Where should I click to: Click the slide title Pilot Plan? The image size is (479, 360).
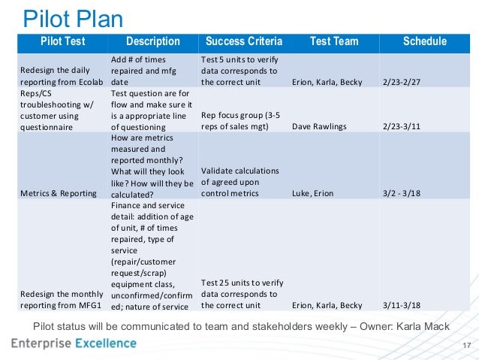[72, 17]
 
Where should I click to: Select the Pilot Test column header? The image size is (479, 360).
[62, 42]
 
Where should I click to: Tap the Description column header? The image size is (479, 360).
[152, 42]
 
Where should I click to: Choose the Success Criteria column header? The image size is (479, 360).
[243, 42]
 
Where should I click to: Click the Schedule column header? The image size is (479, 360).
[424, 42]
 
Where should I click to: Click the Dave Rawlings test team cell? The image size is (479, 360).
[319, 126]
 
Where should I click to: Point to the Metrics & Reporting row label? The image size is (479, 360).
[58, 193]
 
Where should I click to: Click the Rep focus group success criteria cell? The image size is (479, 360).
[241, 121]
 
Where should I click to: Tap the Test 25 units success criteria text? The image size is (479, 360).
[241, 300]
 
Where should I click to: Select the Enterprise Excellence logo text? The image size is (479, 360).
[74, 344]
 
